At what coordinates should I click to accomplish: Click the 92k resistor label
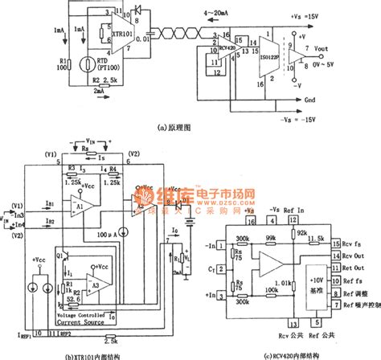click(302, 233)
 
